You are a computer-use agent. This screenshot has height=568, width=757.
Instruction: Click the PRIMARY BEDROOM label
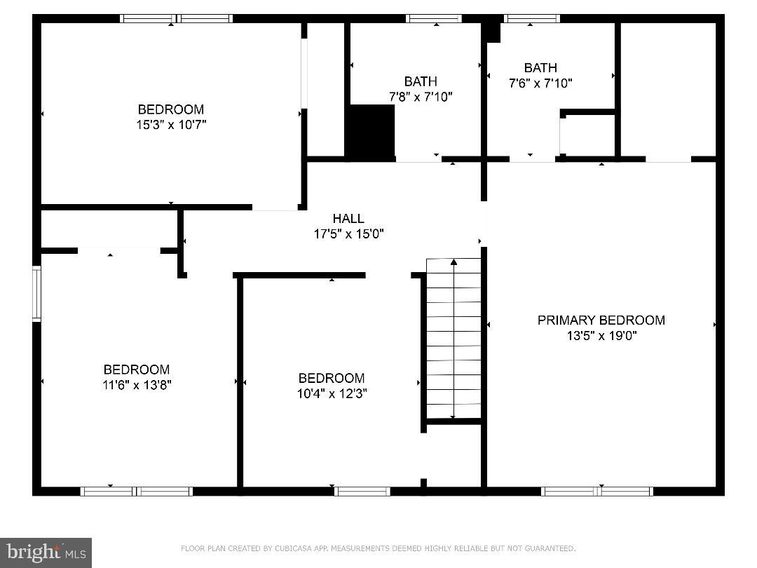click(601, 320)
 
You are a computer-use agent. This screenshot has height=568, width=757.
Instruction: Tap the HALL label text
click(348, 219)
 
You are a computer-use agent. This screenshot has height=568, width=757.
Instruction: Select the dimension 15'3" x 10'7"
click(171, 125)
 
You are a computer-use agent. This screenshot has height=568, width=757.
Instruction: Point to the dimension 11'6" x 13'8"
click(137, 385)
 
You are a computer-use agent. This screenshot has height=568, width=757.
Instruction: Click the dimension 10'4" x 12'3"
click(332, 393)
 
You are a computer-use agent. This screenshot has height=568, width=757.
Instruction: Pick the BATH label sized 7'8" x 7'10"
click(421, 81)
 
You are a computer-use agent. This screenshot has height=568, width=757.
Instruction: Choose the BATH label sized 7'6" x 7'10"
click(540, 68)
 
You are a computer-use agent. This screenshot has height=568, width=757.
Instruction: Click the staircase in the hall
click(453, 338)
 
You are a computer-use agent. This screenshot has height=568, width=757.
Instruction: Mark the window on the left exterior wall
click(36, 293)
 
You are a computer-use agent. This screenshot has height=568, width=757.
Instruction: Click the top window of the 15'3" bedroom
click(176, 18)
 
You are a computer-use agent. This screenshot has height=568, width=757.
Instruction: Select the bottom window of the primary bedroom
click(598, 491)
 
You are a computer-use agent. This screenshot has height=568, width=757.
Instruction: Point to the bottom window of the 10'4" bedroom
click(362, 491)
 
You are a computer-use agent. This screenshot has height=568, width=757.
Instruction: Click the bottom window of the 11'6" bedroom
click(137, 491)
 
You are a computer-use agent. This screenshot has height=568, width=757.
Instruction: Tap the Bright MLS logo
click(46, 553)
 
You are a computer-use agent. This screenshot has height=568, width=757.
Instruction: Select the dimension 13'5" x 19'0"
click(601, 336)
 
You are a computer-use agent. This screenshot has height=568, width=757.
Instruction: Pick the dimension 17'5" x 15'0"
click(348, 234)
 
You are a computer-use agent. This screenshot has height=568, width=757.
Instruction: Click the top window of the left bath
click(434, 18)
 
